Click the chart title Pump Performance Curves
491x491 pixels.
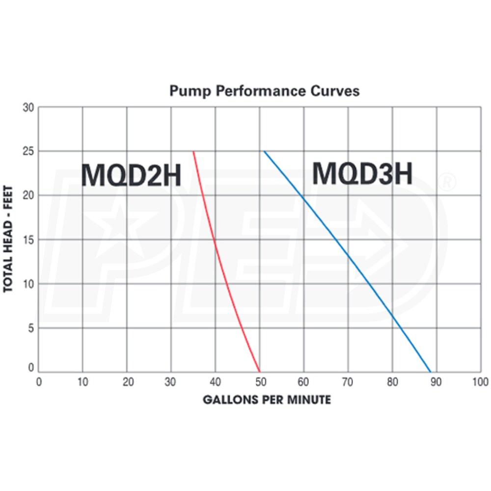click(264, 91)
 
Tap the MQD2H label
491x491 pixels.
click(131, 175)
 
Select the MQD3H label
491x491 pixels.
click(362, 173)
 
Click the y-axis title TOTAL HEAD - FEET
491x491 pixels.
click(8, 239)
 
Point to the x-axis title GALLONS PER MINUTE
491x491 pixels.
click(267, 400)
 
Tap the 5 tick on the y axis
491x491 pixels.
click(30, 328)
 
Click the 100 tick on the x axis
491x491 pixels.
click(480, 382)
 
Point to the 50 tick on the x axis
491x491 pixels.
click(260, 382)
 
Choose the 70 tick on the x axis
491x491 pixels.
click(348, 382)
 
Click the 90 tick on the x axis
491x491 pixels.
click(436, 382)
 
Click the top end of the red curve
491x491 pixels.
click(193, 151)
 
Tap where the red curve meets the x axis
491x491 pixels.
click(259, 372)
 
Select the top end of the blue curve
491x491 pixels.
click(264, 151)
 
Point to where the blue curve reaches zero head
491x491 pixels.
click(431, 372)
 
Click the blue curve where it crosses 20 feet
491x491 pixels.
click(303, 195)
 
